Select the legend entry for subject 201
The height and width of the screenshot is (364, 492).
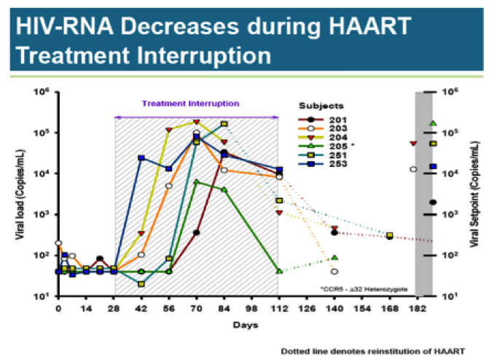tap(327, 118)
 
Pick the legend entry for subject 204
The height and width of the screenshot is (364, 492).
tap(327, 136)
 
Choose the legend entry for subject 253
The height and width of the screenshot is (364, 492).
tap(327, 163)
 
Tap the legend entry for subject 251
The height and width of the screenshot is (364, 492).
tap(327, 155)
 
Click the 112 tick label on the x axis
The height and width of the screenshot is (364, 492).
tap(278, 309)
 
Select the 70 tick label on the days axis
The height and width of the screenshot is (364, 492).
tap(196, 309)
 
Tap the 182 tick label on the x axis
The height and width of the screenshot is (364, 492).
tap(413, 309)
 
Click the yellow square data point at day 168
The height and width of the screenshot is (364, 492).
tap(390, 235)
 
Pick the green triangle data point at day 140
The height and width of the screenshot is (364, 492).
tap(335, 257)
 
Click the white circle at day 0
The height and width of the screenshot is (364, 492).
tap(58, 243)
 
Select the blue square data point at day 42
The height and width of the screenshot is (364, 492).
tap(141, 158)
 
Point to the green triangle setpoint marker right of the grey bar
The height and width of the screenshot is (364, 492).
tap(433, 123)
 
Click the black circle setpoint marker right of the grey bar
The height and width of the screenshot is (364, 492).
tap(433, 202)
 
